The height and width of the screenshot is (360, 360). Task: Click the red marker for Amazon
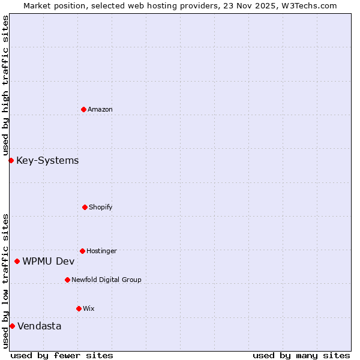pos(83,109)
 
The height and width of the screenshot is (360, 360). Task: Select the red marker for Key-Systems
pos(11,160)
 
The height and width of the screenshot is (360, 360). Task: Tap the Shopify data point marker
pos(85,207)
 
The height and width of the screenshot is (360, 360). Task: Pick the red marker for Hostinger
pos(82,251)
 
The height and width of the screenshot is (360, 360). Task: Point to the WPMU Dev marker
pos(17,261)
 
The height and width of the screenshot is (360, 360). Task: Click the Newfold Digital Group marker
pos(67,280)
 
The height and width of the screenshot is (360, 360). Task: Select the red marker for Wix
pos(79,308)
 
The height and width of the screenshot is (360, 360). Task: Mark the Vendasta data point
pos(12,326)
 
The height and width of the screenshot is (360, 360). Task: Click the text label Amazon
pos(100,109)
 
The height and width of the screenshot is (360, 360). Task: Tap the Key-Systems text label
pos(47,160)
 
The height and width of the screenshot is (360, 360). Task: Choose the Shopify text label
pos(101,207)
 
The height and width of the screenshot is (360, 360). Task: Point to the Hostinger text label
pos(101,251)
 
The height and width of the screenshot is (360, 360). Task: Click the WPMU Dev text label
pos(49,261)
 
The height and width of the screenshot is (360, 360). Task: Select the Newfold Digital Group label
pos(106,280)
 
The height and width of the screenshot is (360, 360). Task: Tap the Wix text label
pos(89,308)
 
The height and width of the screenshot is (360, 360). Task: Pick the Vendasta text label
pos(39,326)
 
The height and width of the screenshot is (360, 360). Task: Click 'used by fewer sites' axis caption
pos(62,355)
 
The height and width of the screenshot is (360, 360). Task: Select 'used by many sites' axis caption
pos(301,355)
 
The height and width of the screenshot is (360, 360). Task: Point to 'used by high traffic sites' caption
pos(5,86)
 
